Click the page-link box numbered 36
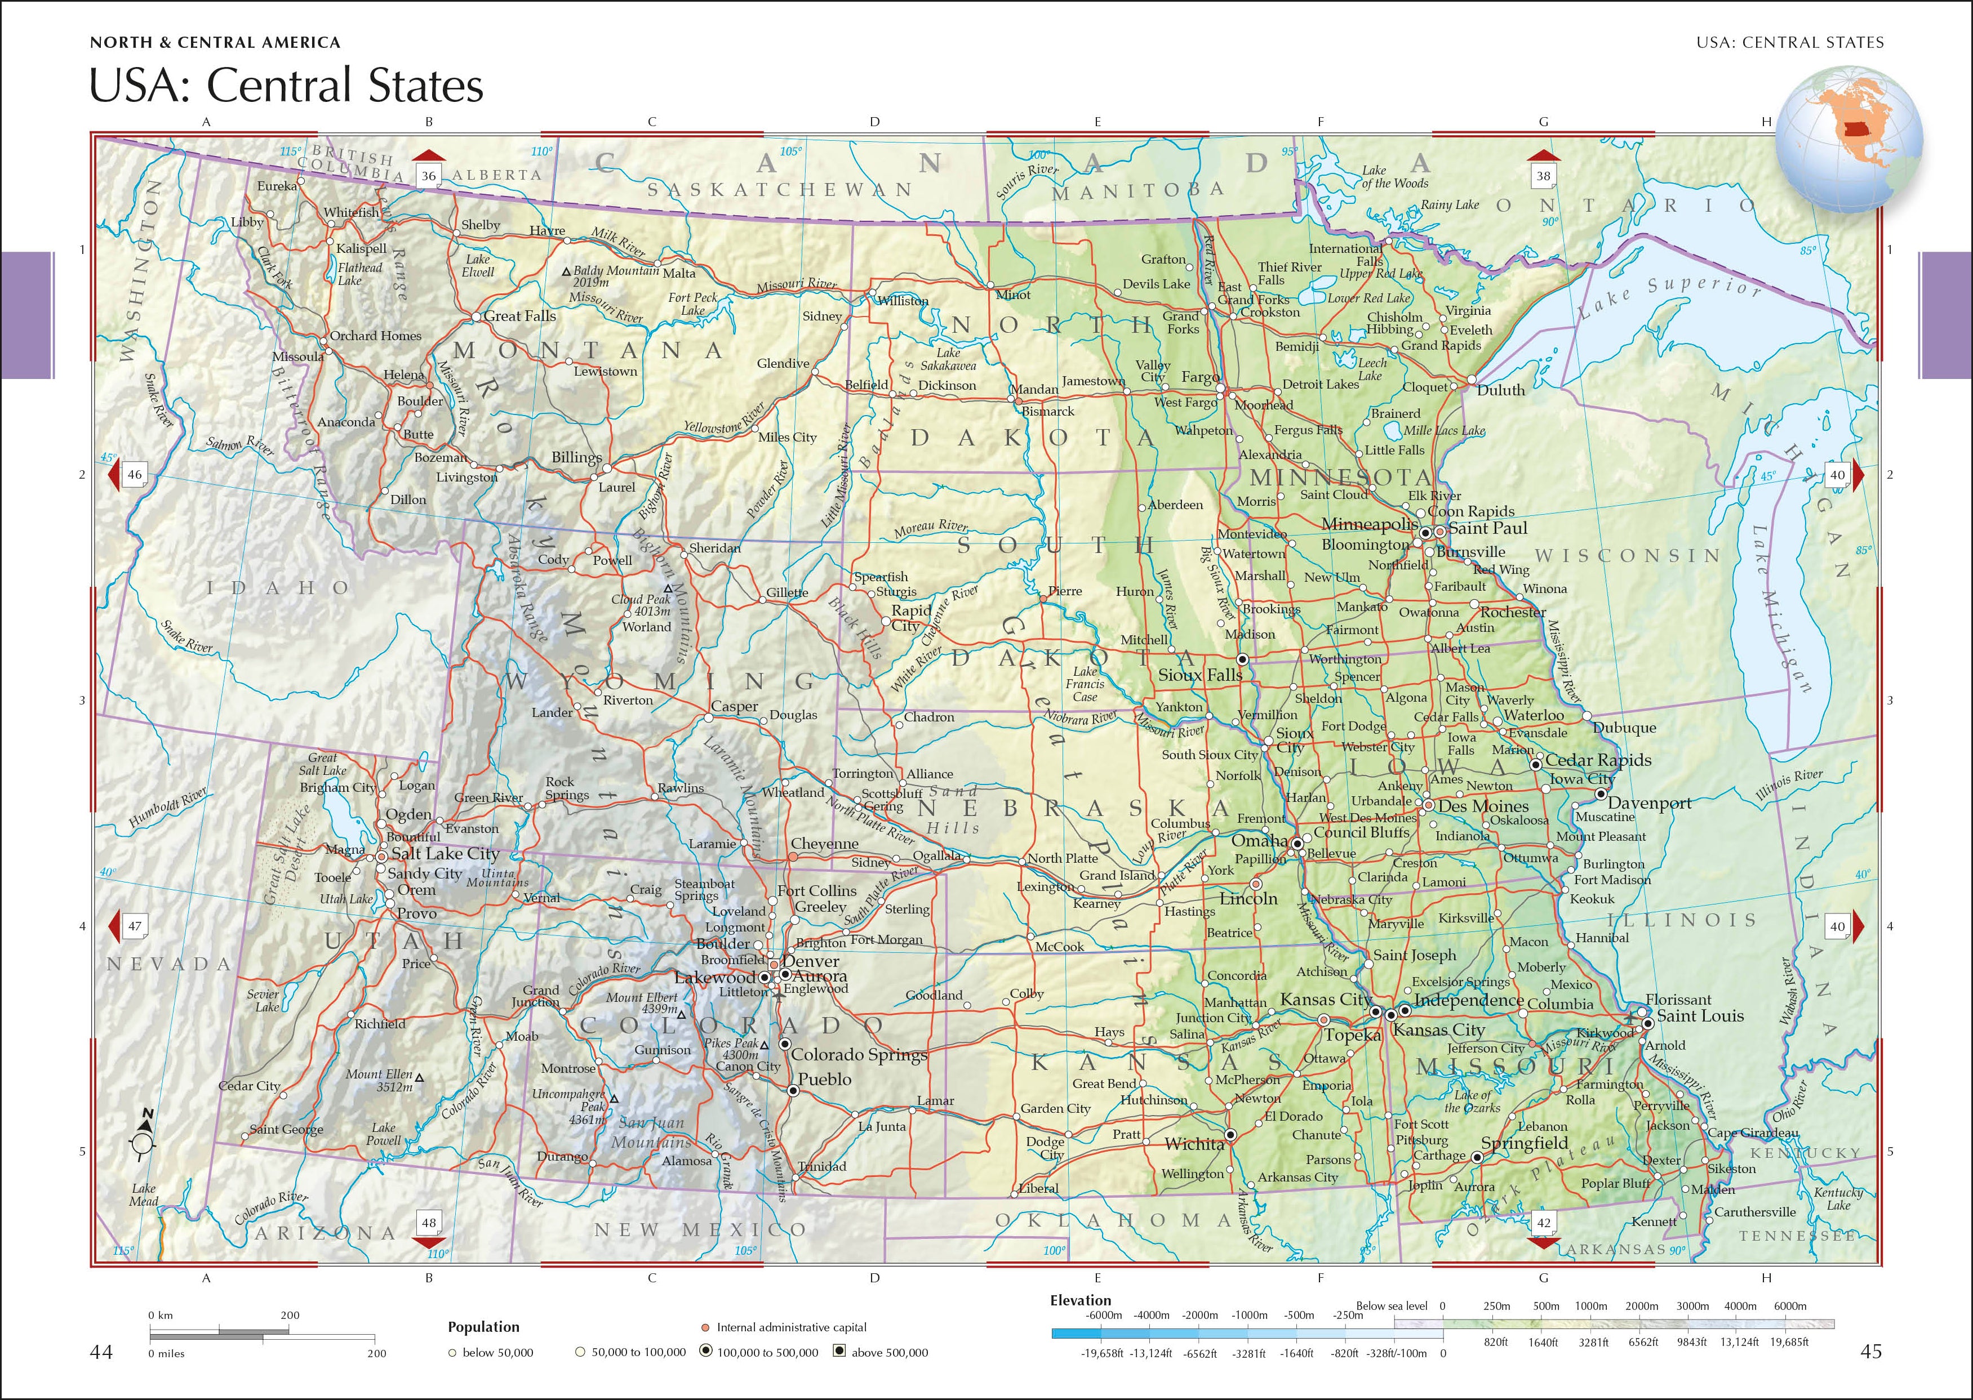pyautogui.click(x=429, y=176)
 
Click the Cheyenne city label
pyautogui.click(x=824, y=844)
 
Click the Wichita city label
pyautogui.click(x=1194, y=1144)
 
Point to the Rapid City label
pyautogui.click(x=910, y=617)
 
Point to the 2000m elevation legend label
pyautogui.click(x=1642, y=1306)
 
